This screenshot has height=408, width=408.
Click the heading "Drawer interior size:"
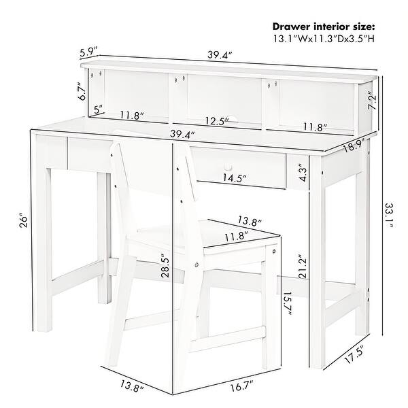point(324,27)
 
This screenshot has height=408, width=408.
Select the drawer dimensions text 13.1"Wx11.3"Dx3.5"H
point(324,39)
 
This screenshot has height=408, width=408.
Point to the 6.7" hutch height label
point(82,91)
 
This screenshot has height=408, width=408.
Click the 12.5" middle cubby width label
point(217,121)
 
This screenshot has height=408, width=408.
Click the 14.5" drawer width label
point(235,178)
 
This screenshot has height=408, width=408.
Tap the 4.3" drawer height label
point(303,173)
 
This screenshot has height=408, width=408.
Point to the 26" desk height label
point(23,222)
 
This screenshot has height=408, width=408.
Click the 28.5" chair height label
point(165,265)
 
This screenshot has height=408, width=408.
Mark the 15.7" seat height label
point(287,303)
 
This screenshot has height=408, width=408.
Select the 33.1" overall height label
point(389,215)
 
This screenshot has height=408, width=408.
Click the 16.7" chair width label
point(241,386)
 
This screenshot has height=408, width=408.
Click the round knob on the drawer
point(228,166)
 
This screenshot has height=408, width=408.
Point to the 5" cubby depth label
point(99,109)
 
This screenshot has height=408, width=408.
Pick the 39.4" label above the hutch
point(220,56)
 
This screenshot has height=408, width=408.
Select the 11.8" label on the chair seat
point(236,237)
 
